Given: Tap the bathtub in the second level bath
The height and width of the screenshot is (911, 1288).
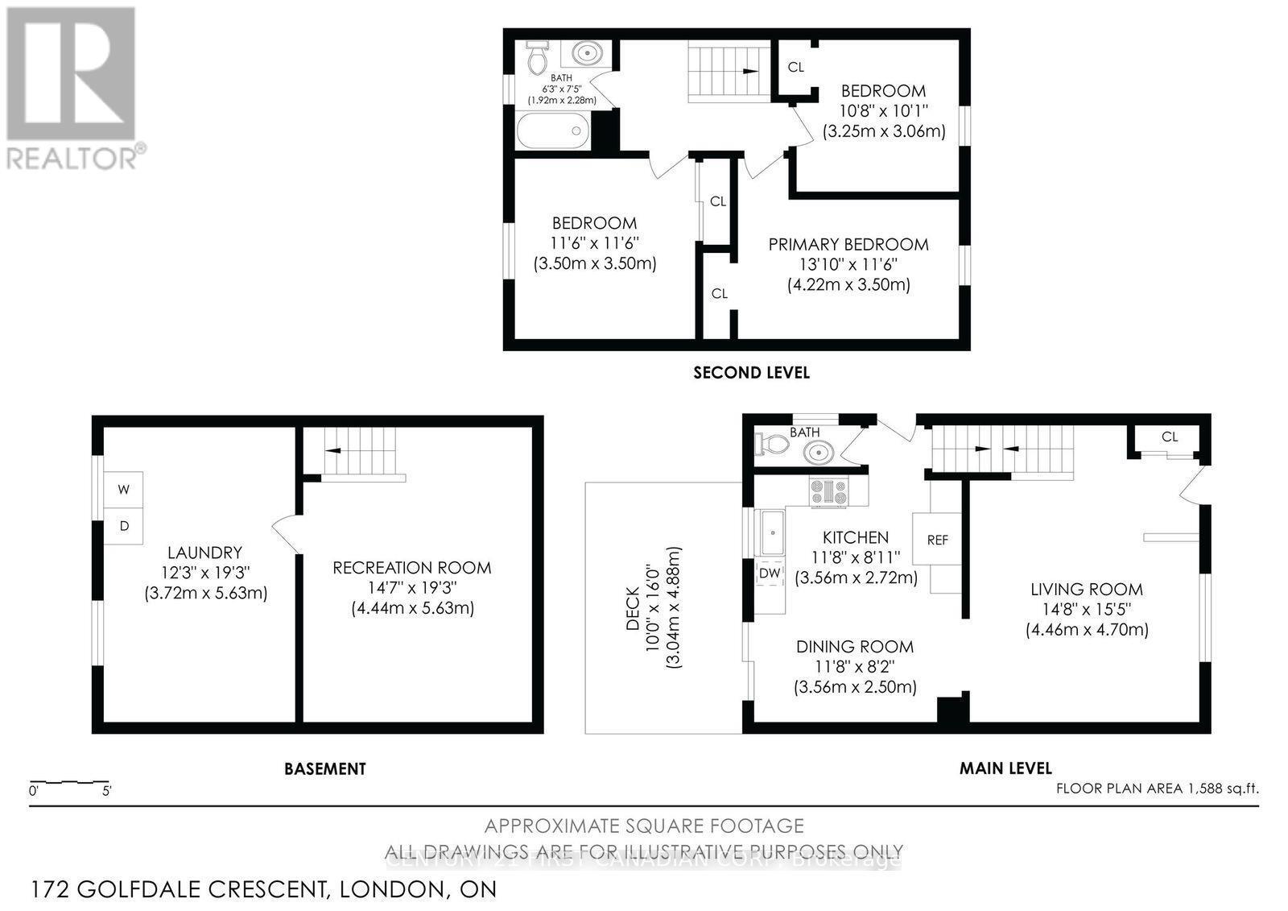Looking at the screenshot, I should [554, 130].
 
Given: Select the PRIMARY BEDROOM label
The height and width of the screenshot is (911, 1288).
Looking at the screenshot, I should [848, 244].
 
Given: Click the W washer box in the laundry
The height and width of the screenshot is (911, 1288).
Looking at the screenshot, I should [124, 490].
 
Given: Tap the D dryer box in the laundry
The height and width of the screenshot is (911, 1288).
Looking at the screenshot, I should [124, 526].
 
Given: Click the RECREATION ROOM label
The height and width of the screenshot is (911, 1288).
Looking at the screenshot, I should [412, 568].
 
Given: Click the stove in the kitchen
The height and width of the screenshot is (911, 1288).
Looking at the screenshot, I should [829, 492].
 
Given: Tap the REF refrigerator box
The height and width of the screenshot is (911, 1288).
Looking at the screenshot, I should [938, 540].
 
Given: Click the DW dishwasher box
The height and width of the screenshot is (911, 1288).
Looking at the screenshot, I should [770, 573].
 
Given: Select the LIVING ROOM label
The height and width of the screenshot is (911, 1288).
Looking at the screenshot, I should [1087, 590].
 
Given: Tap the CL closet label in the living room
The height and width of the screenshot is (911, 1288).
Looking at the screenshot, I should [1170, 437].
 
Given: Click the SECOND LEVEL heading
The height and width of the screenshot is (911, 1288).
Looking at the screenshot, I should [751, 372].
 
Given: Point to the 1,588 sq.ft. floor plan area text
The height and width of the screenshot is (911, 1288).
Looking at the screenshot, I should [1157, 789].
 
